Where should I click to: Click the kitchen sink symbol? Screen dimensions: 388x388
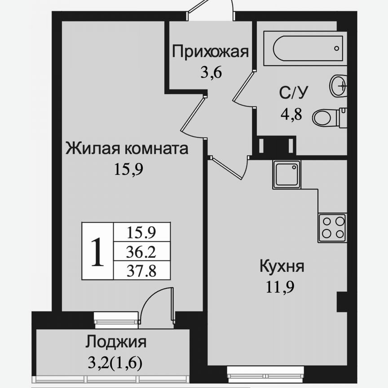coord(286,175)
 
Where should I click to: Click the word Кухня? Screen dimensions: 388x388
coord(282,266)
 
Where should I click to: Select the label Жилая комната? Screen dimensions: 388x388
coord(127,148)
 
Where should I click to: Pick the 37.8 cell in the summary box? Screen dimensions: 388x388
coord(141,271)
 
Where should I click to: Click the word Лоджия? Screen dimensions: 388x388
coord(116,342)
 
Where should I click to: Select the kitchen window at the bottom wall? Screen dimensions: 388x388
coord(254,372)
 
